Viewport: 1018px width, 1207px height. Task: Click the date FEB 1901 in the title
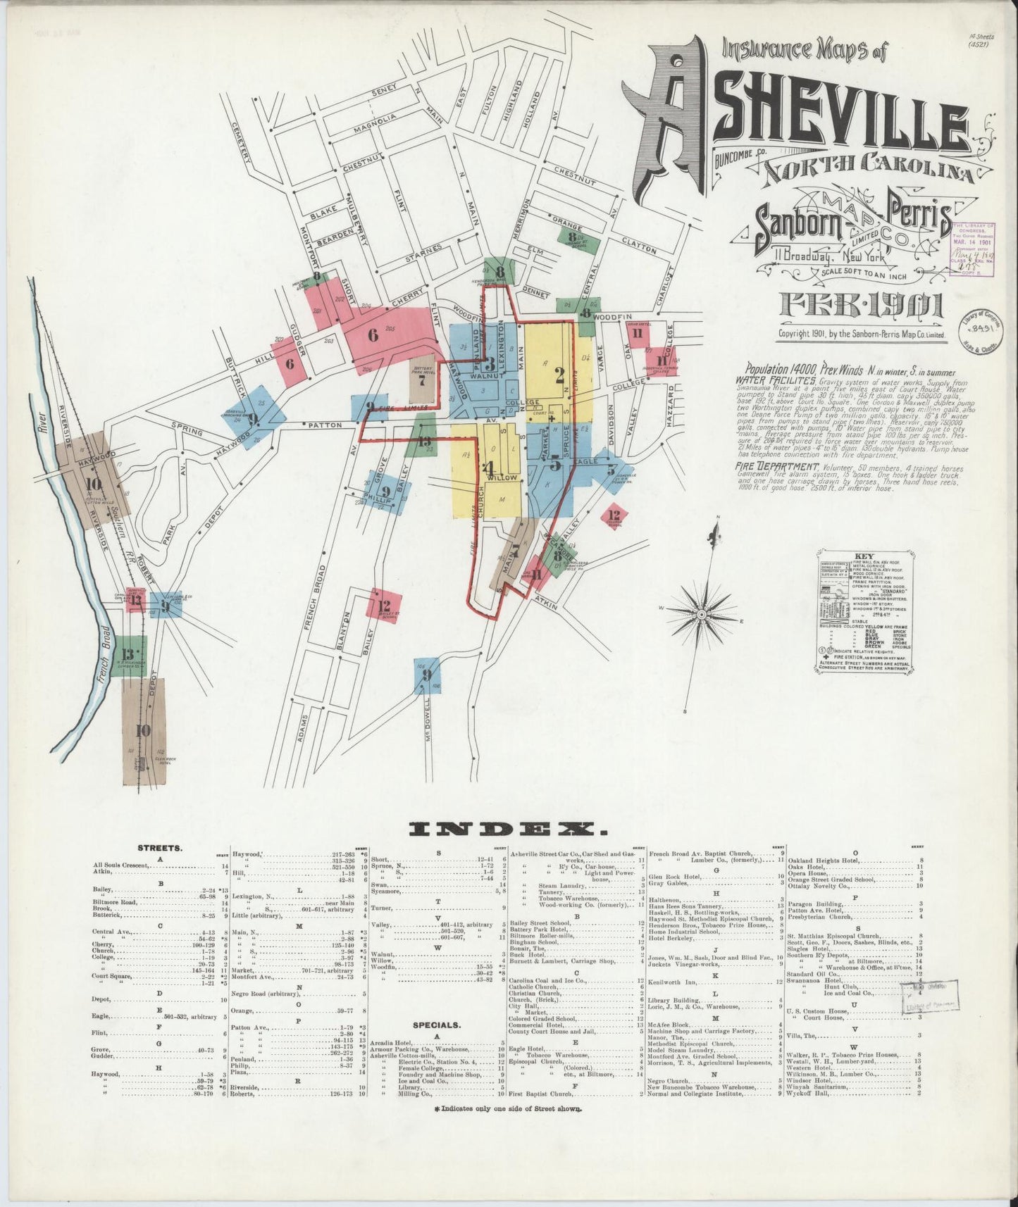point(861,306)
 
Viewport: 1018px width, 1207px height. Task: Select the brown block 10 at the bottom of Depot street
point(144,730)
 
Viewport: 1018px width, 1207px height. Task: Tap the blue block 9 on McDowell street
point(426,675)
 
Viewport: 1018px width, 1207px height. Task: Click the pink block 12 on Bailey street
point(384,605)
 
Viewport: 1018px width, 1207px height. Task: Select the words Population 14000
point(775,371)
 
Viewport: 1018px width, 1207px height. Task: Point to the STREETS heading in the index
point(161,849)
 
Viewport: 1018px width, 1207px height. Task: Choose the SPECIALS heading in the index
point(437,1026)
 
